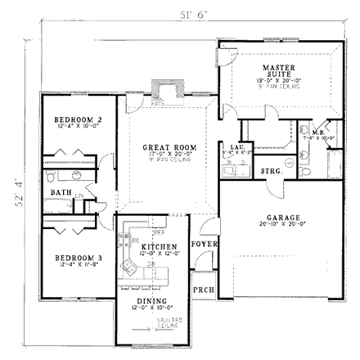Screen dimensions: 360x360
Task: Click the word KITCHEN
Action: pos(155,245)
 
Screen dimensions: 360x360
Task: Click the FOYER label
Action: pos(202,244)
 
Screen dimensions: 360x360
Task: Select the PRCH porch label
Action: pos(202,290)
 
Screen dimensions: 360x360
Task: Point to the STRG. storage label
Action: pos(272,172)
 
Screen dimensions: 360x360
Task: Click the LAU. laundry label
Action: pos(238,146)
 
